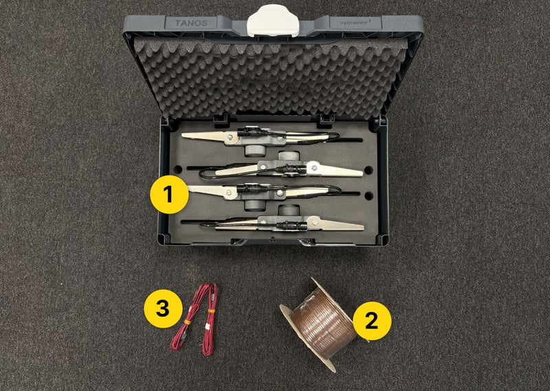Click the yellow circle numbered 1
click(x=169, y=195)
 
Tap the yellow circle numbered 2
click(x=372, y=321)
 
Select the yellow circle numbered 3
click(x=162, y=307)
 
